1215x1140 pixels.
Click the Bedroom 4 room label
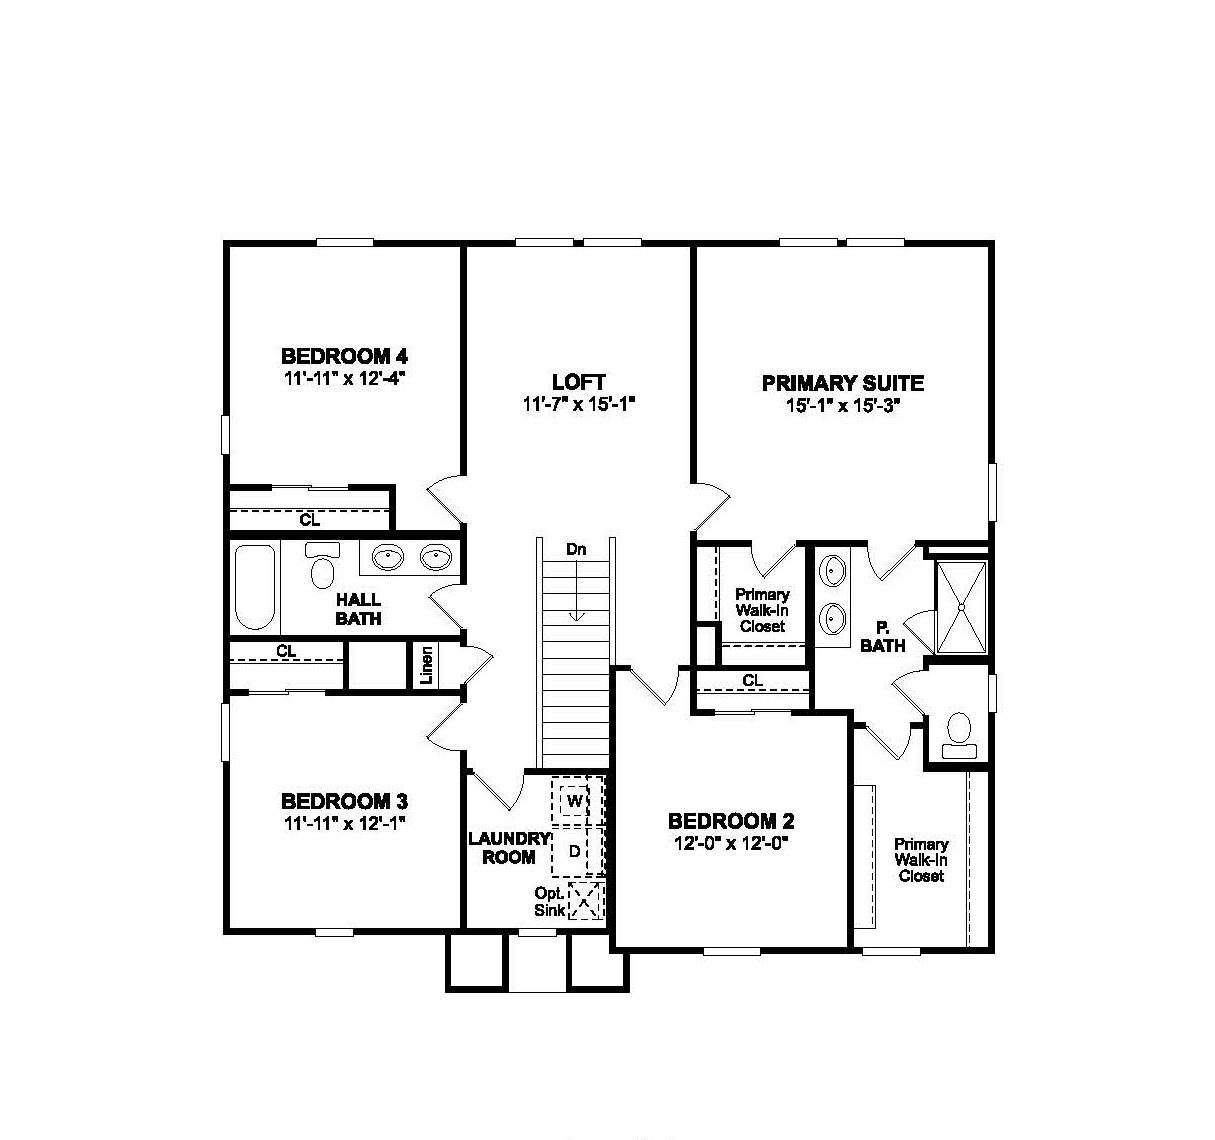[x=345, y=356]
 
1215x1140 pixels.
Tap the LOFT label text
[x=578, y=382]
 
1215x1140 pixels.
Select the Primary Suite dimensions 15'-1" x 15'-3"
[x=843, y=405]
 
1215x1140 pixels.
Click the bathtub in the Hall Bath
[x=255, y=586]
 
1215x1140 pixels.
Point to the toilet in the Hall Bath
[x=322, y=567]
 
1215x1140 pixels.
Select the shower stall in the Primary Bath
[x=960, y=607]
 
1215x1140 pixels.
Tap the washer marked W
[x=575, y=801]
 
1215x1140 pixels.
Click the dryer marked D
[x=575, y=851]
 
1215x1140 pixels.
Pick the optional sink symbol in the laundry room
[x=585, y=900]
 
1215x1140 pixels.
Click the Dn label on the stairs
[x=576, y=549]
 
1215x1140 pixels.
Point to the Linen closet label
[x=427, y=666]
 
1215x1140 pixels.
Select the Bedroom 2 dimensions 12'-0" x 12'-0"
[x=731, y=843]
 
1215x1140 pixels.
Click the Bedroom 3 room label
[x=345, y=801]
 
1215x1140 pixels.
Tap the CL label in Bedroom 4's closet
[x=310, y=521]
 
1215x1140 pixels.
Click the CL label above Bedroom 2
[x=752, y=681]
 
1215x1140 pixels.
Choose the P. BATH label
[x=883, y=637]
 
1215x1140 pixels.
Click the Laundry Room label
[x=508, y=848]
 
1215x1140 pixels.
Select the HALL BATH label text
[x=358, y=609]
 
